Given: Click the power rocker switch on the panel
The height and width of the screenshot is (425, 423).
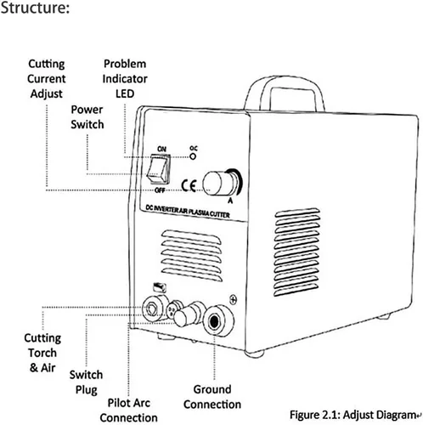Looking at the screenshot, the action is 159,169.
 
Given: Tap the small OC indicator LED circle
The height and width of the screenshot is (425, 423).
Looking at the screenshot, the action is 193,156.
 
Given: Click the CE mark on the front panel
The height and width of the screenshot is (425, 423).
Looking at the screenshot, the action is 189,186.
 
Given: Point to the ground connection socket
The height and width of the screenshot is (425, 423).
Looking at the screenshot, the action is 218,320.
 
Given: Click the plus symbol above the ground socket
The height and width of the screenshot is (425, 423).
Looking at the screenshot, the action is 233,299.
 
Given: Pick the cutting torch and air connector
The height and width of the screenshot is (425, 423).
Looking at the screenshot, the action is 154,308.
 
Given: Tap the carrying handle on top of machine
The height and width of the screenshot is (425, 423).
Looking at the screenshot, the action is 284,92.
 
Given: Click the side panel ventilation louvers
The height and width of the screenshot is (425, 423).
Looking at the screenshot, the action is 297,252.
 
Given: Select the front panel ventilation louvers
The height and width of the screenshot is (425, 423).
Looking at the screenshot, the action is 191,255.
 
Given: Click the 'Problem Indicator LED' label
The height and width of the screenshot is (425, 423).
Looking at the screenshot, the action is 125,79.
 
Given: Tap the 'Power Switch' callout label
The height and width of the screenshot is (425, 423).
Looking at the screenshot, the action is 87,117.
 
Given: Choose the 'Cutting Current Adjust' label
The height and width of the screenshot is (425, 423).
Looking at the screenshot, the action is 47,79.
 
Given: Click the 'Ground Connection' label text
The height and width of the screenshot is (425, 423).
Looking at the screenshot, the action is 212,397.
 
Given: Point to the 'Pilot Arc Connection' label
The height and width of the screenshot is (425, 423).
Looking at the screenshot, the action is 129,411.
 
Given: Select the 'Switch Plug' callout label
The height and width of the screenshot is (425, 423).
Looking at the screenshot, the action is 86,382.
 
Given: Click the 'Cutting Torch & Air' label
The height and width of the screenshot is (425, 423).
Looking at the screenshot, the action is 42,353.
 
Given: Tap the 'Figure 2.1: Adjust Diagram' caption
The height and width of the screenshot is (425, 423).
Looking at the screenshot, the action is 355,415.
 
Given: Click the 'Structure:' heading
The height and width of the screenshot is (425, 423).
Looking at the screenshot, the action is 35,8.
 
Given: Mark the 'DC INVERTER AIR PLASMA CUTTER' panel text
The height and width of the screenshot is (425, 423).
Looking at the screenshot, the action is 188,212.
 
